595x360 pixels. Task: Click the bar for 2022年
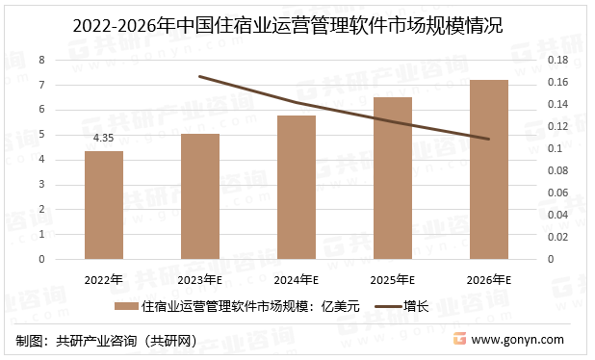click(103, 205)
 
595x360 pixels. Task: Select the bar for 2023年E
click(200, 196)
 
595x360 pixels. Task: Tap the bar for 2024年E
click(297, 187)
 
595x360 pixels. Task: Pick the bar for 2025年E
click(392, 178)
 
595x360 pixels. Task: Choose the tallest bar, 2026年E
click(488, 169)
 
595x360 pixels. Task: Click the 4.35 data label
click(103, 139)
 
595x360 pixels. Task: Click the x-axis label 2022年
click(103, 280)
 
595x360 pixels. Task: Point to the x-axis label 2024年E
click(297, 280)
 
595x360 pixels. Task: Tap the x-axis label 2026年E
click(488, 280)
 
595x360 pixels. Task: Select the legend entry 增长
click(416, 307)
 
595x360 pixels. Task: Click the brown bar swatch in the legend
click(125, 308)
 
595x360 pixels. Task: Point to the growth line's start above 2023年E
click(199, 76)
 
